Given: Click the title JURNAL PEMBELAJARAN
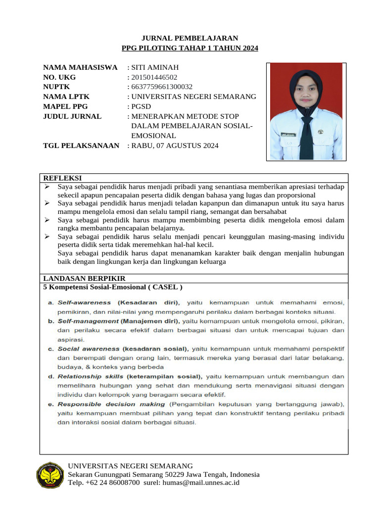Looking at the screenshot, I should (x=190, y=38).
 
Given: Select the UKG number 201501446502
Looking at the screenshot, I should (x=154, y=77).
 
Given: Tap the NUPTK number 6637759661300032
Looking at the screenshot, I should (x=162, y=87).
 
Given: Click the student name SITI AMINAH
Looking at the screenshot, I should (x=155, y=67).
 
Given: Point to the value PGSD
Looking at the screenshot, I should (x=141, y=106).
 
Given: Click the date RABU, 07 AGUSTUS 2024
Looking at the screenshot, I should (x=175, y=146).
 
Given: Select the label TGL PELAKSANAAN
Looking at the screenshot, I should (x=81, y=146).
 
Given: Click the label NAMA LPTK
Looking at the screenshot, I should (x=66, y=97).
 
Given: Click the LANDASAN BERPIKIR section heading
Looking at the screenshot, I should (x=84, y=279).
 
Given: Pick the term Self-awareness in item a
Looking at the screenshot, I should (x=85, y=302).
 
